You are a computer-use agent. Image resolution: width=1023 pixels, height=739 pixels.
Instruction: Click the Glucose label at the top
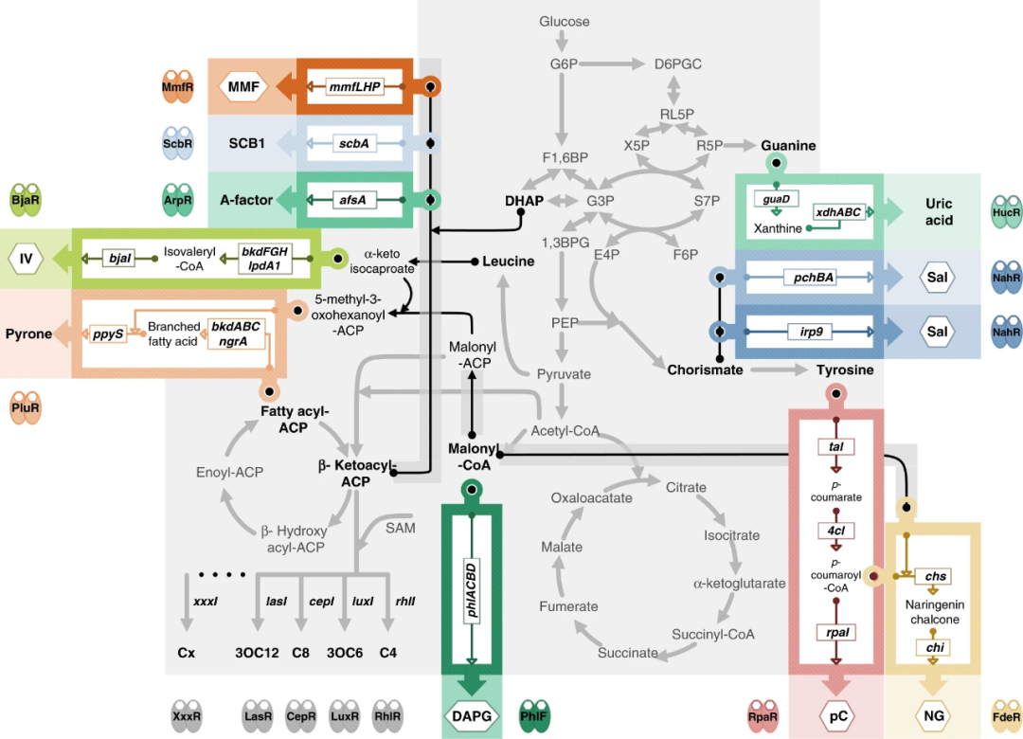565,21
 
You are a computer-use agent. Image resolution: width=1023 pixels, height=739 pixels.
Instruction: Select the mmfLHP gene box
354,87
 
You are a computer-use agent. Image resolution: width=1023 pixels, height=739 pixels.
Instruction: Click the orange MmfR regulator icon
177,88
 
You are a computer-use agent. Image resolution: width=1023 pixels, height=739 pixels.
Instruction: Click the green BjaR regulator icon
26,200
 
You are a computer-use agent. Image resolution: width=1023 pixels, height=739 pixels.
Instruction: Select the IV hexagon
26,257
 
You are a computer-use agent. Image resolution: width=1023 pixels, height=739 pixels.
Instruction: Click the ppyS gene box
107,333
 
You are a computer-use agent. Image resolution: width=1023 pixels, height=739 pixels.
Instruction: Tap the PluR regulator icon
26,409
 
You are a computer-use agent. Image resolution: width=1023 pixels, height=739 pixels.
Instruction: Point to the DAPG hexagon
471,716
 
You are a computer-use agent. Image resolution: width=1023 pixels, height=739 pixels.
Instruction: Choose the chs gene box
935,576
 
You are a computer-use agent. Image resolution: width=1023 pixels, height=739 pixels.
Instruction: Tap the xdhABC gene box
838,212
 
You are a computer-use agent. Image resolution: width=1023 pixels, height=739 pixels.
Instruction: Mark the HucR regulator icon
1005,210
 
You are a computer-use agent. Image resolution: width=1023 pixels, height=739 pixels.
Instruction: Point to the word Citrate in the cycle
686,487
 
